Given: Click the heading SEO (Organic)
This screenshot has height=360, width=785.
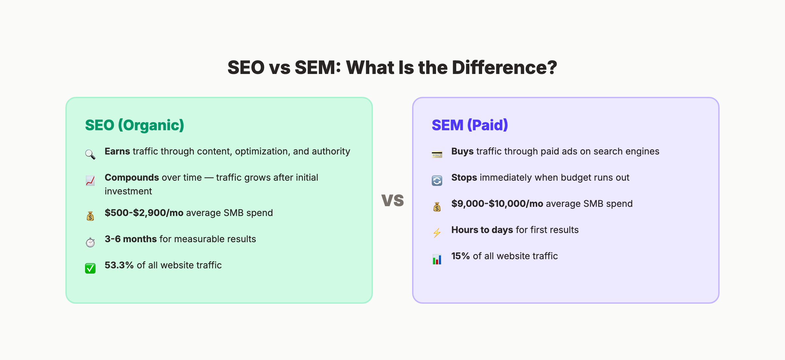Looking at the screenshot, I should (x=134, y=125).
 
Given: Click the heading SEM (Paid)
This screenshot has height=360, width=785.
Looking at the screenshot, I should (x=470, y=125).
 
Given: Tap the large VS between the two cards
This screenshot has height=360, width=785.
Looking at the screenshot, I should (x=392, y=200).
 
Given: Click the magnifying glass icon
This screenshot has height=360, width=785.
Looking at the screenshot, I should (x=90, y=154).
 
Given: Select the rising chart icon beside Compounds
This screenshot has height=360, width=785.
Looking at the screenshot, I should (x=90, y=181).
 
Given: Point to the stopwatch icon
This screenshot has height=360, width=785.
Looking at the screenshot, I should (x=90, y=242).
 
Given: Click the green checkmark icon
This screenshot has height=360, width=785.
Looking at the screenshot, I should (x=90, y=268).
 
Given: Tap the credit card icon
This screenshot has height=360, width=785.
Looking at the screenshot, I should (x=437, y=154).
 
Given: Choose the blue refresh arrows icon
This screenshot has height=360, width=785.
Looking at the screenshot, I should (x=437, y=181).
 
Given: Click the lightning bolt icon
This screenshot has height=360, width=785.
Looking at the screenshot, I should (x=437, y=233).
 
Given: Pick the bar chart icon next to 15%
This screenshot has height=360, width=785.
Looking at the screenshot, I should (x=437, y=259).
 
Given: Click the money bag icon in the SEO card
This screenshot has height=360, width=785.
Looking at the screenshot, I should (x=90, y=216).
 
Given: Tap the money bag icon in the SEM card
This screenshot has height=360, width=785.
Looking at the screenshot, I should (x=437, y=207).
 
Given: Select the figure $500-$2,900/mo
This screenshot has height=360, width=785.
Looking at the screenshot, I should (x=144, y=213).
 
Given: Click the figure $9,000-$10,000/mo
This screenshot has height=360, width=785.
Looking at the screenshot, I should (x=497, y=204).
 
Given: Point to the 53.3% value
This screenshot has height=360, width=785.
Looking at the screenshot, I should (x=119, y=265).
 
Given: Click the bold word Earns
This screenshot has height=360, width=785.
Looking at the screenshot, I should (x=117, y=151).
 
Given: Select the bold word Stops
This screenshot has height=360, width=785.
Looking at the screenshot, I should (x=464, y=177).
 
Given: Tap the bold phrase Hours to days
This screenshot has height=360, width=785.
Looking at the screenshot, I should (x=482, y=230).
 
